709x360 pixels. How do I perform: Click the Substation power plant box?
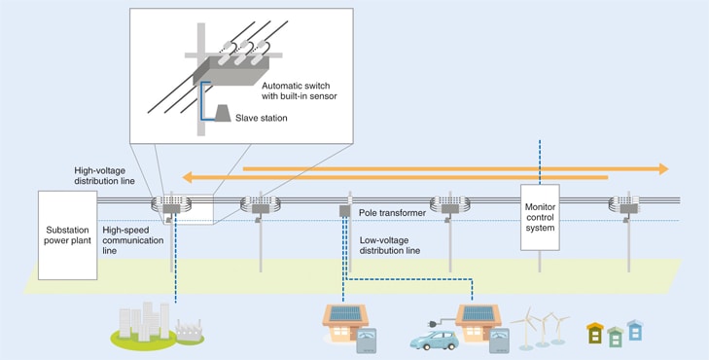point(68,234)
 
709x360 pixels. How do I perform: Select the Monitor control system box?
point(540,215)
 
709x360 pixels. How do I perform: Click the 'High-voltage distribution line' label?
point(107,175)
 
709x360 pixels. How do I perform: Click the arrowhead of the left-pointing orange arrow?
point(192,178)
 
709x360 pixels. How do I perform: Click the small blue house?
point(635,329)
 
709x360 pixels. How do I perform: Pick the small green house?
point(615,337)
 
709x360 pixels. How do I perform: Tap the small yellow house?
point(594,333)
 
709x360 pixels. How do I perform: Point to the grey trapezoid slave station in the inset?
point(221,115)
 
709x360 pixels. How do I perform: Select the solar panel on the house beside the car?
point(478,313)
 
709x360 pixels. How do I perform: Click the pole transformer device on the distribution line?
point(343,209)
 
